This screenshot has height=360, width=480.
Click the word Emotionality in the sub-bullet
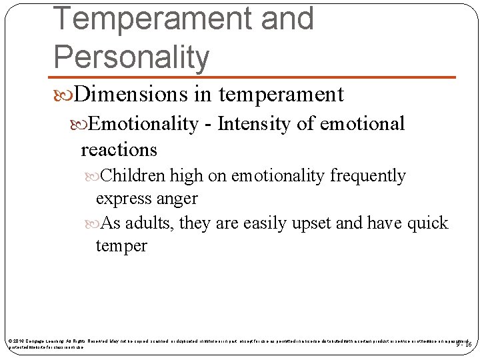click(143, 124)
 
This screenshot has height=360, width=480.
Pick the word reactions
click(119, 149)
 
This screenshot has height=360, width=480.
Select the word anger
click(179, 199)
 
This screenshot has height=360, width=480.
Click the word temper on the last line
click(121, 246)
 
